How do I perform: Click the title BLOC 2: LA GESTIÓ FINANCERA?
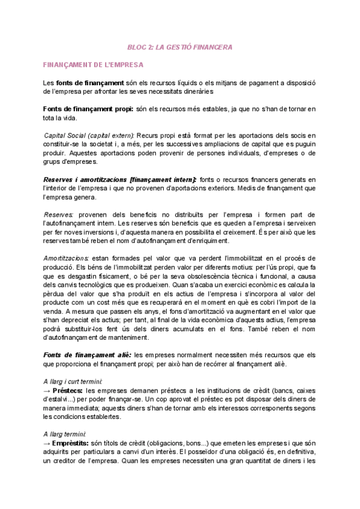coord(180,46)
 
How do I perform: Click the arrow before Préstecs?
coord(47,390)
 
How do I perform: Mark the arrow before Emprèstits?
coord(47,443)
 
